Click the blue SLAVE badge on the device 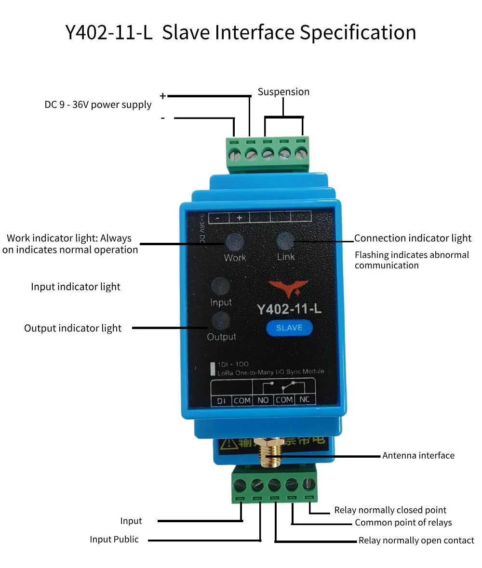pos(289,328)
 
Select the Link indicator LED pos(285,239)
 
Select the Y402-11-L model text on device pos(289,309)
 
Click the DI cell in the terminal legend pos(221,400)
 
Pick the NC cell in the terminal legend pos(305,400)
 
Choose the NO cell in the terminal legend pos(263,400)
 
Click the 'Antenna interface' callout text pos(418,455)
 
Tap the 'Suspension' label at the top pos(283,92)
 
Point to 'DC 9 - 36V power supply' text pos(98,105)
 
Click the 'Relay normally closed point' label pos(390,510)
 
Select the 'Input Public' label pos(114,539)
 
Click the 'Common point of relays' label pos(403,523)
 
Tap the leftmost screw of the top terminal pos(234,155)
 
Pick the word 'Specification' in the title pos(358,33)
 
